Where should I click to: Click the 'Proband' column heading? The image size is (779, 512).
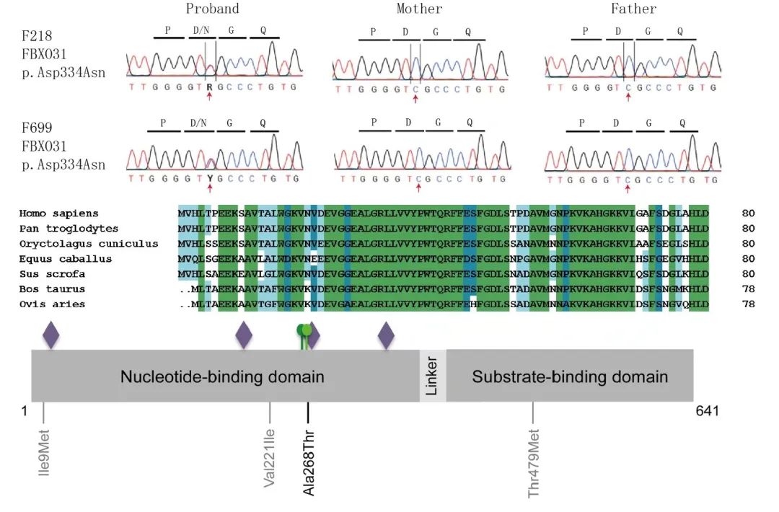point(212,9)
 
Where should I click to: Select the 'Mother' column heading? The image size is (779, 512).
point(419,9)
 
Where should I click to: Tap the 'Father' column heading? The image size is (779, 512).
point(634,9)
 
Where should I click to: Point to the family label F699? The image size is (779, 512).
point(37,128)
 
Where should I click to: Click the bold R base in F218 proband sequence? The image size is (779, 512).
point(209,87)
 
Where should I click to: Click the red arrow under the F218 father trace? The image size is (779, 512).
point(628,97)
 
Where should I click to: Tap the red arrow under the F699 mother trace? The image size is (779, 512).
point(418,188)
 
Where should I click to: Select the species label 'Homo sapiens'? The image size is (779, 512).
point(58,213)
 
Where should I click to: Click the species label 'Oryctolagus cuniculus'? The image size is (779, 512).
point(88,244)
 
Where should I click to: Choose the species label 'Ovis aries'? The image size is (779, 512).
point(52,304)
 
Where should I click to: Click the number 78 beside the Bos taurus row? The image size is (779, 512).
point(748,289)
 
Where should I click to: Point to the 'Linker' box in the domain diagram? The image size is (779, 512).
point(433,376)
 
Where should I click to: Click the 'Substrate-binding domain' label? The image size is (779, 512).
point(570,376)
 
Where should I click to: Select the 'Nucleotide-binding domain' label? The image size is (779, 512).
point(222,376)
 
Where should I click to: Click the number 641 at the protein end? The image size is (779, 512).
point(707,411)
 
